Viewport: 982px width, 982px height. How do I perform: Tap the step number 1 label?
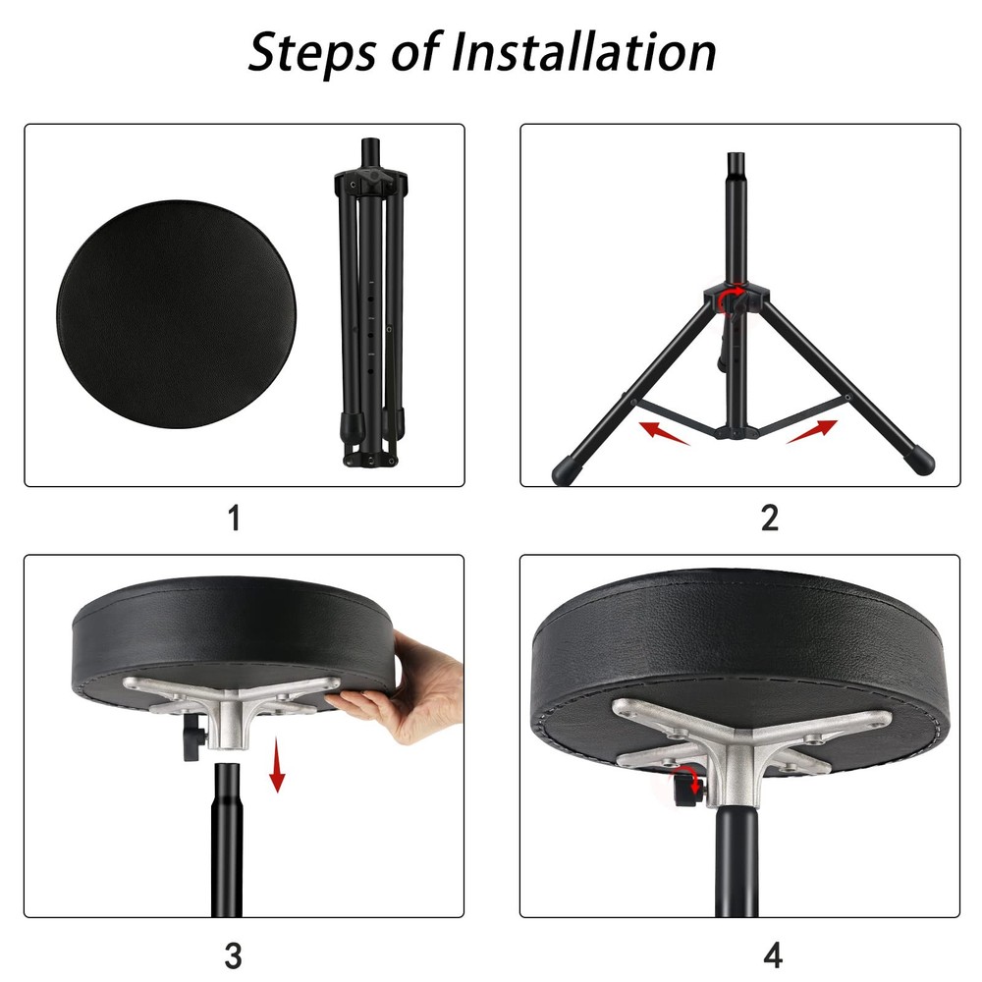234,518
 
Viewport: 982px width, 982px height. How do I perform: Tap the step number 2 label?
770,518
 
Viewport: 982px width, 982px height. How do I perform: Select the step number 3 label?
234,954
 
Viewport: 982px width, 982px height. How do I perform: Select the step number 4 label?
773,954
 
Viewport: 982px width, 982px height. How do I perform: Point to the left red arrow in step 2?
664,431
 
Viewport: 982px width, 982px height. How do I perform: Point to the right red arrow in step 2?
812,431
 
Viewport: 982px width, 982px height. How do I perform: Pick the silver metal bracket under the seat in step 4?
746,746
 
